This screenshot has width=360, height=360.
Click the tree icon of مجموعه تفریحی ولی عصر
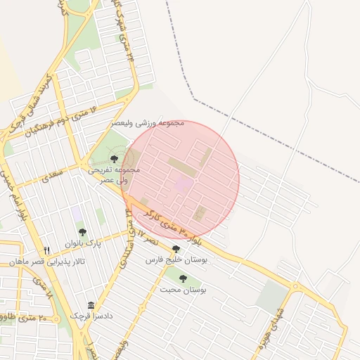(x=115, y=159)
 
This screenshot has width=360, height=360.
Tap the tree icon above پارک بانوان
(x=82, y=232)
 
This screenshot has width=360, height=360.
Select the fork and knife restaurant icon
(x=46, y=250)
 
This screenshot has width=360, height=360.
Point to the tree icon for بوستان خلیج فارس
(x=176, y=249)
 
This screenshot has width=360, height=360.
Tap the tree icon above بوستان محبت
(x=183, y=278)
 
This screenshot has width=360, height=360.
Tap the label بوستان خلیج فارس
(x=176, y=260)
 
